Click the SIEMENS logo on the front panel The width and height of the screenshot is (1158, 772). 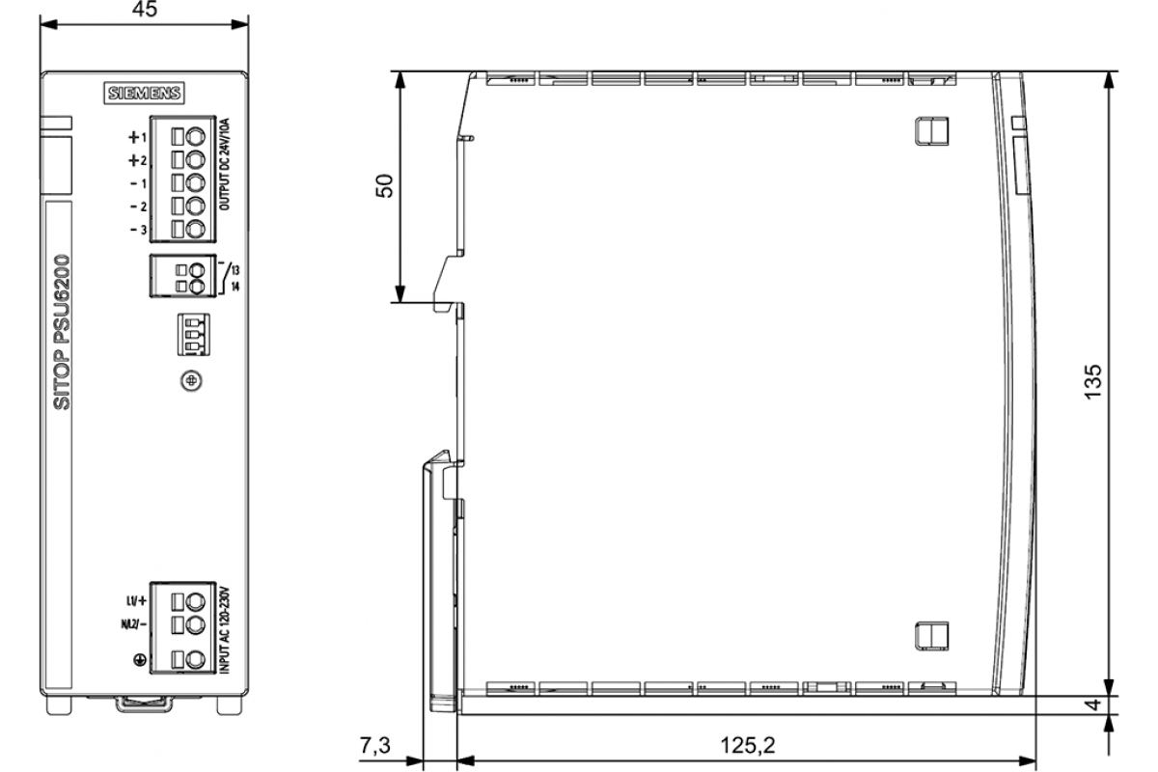click(x=144, y=93)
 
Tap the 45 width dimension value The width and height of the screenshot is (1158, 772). click(x=145, y=9)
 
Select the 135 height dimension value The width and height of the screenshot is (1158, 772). click(x=1092, y=381)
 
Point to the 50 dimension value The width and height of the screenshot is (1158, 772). click(x=385, y=186)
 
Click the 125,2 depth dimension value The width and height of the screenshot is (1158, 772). click(x=748, y=745)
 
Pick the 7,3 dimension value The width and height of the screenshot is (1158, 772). click(x=375, y=745)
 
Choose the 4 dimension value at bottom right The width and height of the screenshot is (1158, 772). click(x=1092, y=704)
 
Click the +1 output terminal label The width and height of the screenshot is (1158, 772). click(x=138, y=138)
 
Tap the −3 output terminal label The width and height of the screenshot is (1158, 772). click(x=139, y=229)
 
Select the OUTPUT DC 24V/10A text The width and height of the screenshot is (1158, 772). click(x=224, y=164)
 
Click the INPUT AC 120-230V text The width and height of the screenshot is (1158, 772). click(x=224, y=630)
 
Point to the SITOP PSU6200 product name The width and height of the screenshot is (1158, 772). click(x=62, y=332)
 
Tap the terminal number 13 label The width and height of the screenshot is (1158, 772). click(x=235, y=270)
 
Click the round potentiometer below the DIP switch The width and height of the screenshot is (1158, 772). click(x=191, y=381)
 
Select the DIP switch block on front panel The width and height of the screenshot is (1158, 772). click(x=193, y=334)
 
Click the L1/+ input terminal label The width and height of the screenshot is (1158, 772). click(x=136, y=601)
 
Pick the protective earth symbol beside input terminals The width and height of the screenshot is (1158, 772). click(x=140, y=659)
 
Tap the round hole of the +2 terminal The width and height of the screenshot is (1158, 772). click(x=195, y=159)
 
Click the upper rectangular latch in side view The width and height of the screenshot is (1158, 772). click(x=931, y=131)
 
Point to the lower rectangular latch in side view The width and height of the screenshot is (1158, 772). click(x=931, y=636)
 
